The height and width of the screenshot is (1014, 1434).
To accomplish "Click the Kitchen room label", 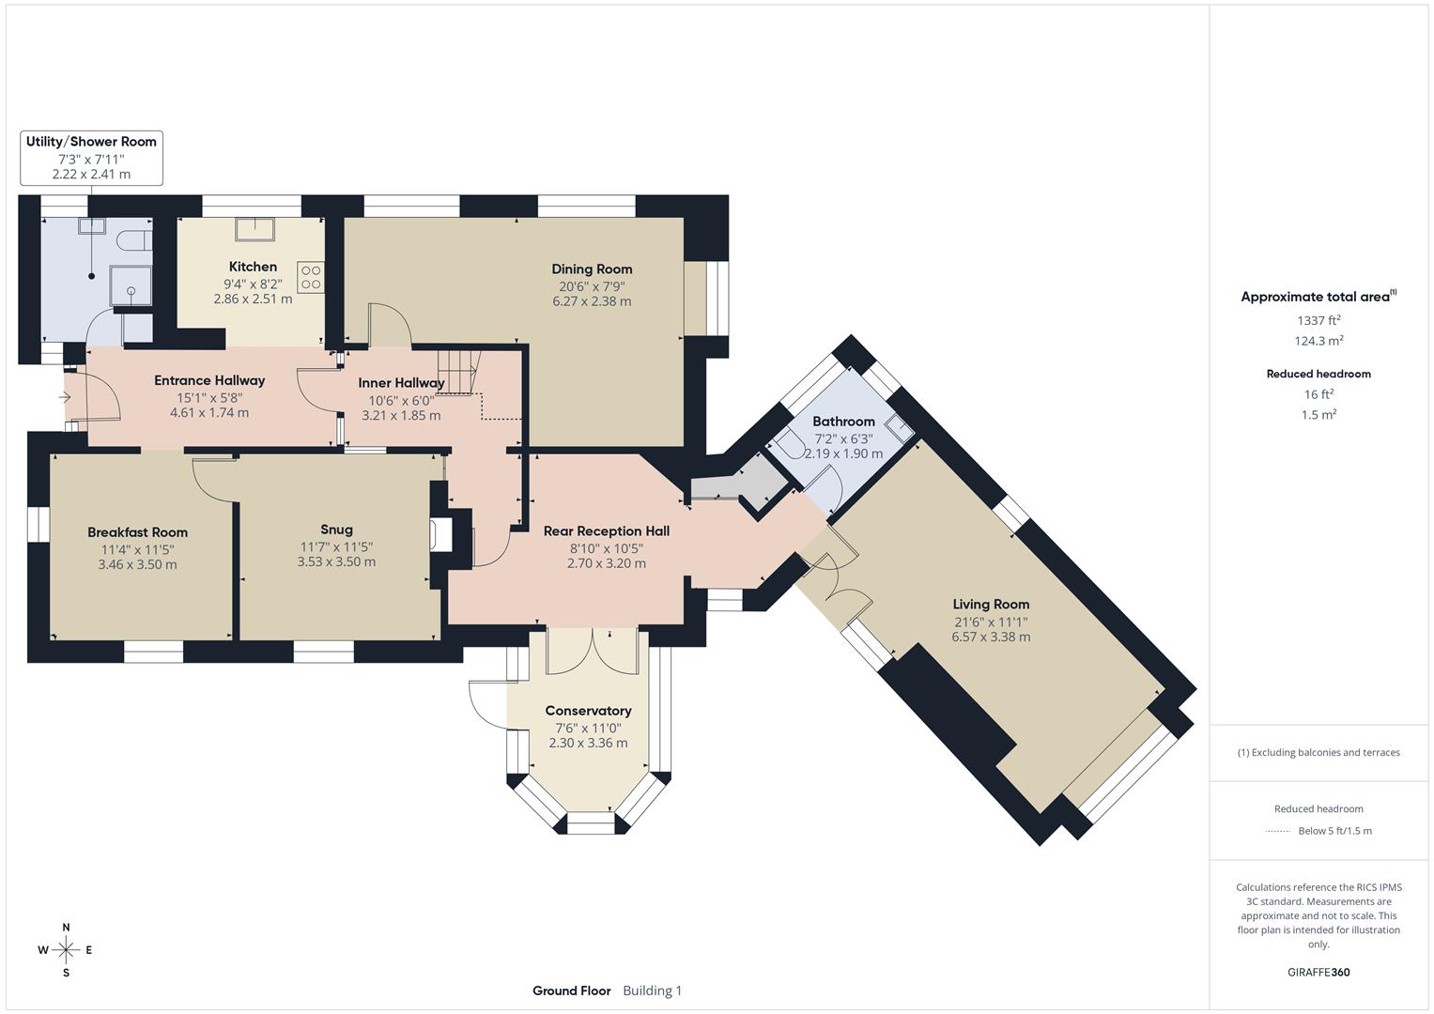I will tap(253, 267).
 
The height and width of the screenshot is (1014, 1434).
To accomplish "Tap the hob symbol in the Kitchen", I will tap(311, 277).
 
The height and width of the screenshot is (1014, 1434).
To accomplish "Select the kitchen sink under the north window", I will tap(253, 229).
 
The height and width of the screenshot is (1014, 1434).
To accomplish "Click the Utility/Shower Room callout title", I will tap(91, 142).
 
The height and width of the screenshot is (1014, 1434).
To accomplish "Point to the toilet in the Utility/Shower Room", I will tap(136, 240).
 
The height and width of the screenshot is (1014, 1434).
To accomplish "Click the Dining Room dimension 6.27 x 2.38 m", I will tap(592, 301).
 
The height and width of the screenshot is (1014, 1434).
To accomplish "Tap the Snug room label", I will tap(336, 530).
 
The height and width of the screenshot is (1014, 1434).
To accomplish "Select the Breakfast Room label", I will tap(137, 532).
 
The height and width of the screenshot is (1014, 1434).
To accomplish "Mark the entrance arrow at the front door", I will tap(65, 398).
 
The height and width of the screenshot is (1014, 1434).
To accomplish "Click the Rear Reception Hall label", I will tap(606, 531).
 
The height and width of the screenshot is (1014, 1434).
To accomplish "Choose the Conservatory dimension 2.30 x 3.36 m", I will tap(588, 743).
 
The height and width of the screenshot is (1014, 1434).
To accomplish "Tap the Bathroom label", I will tap(843, 422).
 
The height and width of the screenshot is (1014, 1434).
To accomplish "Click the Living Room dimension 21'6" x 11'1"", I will tap(991, 621).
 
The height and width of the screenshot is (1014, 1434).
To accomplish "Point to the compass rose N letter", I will tap(66, 928).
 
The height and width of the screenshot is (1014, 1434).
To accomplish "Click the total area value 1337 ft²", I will tap(1318, 320).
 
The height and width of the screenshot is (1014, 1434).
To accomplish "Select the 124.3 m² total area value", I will tap(1318, 341).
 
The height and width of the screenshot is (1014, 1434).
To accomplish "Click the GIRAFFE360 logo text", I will tap(1318, 972).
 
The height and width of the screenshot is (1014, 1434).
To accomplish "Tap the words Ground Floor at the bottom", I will tap(571, 991).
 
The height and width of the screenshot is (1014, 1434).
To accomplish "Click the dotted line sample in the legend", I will tap(1278, 831).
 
